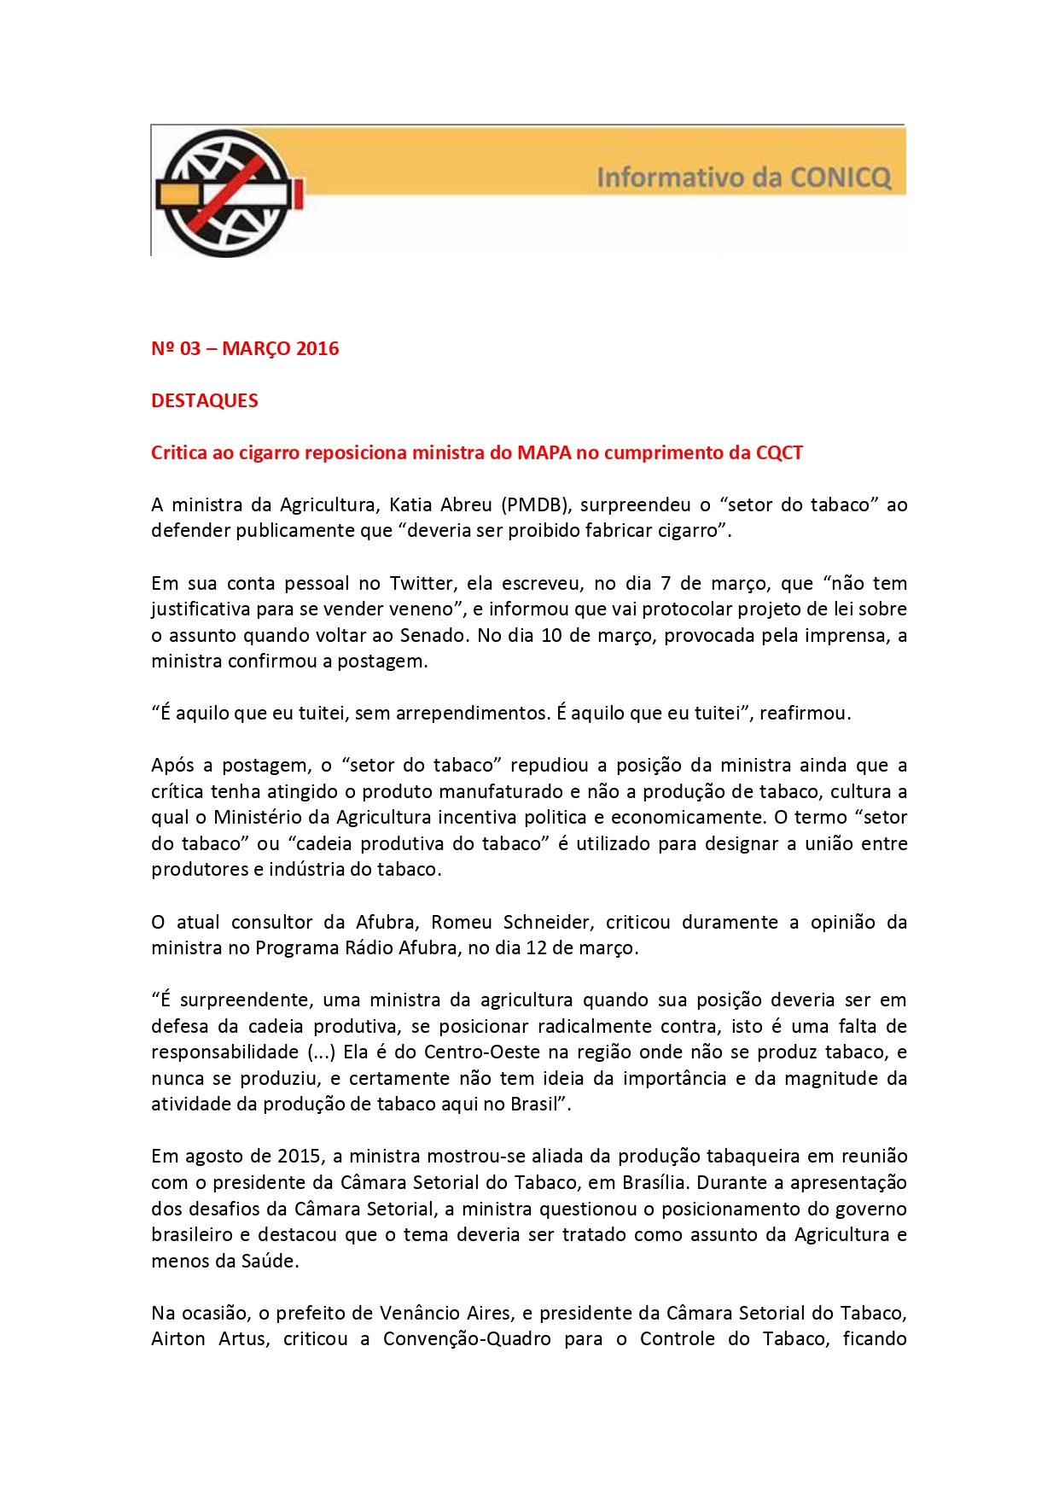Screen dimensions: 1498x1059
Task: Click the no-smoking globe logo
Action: click(x=228, y=193)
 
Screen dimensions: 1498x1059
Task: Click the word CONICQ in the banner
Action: click(x=841, y=178)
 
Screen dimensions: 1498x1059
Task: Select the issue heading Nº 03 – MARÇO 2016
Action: click(x=245, y=348)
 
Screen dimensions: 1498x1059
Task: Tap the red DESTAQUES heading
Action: click(x=205, y=400)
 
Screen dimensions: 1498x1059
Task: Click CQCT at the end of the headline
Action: click(x=779, y=452)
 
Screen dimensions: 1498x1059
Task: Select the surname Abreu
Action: click(x=466, y=504)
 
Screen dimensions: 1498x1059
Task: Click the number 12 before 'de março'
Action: click(x=537, y=947)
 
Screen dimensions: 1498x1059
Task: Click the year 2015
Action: click(x=299, y=1156)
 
